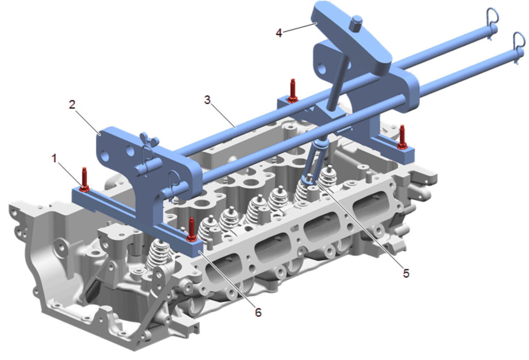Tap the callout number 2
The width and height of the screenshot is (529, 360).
coord(72,105)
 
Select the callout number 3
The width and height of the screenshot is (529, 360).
coord(207,100)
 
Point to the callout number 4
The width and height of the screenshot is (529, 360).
coord(279,33)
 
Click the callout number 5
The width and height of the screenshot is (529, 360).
coord(406,273)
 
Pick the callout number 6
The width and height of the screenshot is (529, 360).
coord(258,312)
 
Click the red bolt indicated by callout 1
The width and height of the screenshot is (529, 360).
coord(85,180)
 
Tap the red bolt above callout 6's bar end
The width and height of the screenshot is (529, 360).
coord(192,230)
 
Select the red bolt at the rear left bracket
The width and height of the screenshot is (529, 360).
coord(293,91)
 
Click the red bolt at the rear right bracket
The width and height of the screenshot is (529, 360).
coord(402,137)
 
